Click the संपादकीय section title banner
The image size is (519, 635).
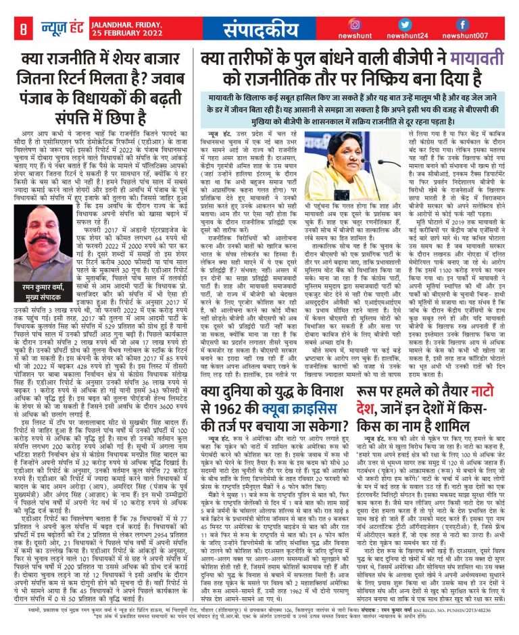pyautogui.click(x=260, y=30)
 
